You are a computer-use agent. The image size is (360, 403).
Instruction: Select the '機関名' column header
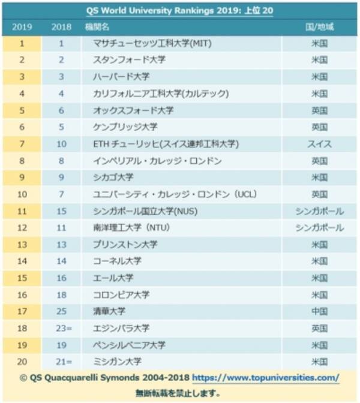point(105,27)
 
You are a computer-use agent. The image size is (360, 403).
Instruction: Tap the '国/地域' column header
point(319,27)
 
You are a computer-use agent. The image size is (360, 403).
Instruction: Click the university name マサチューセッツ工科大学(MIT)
point(153,44)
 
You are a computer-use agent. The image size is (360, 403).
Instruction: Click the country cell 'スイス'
point(319,144)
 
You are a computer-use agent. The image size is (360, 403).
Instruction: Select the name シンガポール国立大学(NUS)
point(146,211)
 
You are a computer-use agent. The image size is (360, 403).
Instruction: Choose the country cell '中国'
point(319,312)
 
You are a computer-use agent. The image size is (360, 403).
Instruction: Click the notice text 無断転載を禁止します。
point(180,394)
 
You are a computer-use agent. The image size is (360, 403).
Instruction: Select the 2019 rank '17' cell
point(22,312)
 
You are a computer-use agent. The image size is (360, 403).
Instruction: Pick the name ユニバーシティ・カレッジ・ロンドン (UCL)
point(167,194)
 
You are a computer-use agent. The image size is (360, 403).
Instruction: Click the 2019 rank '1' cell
point(22,44)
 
